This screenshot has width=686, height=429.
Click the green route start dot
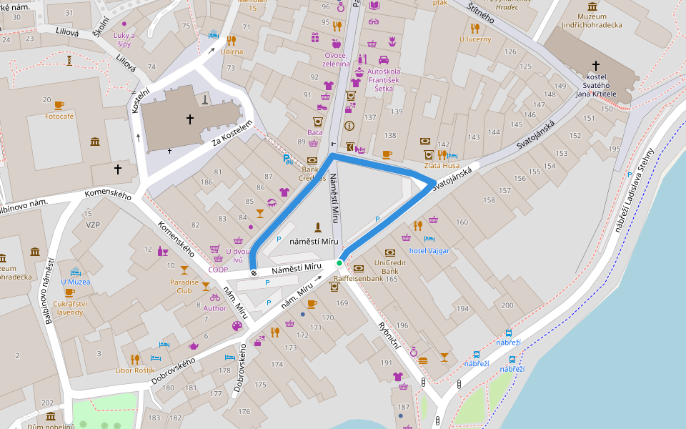(x=339, y=262)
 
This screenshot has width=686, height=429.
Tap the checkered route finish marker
(x=254, y=272)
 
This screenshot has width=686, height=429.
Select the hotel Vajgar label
(x=429, y=250)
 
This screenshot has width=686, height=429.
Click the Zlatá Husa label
(x=442, y=165)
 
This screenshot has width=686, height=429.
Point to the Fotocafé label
(x=59, y=116)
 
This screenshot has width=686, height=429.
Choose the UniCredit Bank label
(x=390, y=267)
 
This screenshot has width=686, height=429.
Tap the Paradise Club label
(x=184, y=286)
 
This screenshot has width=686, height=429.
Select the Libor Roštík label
(x=134, y=370)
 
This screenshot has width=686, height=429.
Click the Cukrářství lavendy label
(x=69, y=307)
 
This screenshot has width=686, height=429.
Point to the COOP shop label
(x=218, y=270)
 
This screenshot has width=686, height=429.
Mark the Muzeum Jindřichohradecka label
(x=592, y=21)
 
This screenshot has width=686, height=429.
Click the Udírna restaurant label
(x=232, y=51)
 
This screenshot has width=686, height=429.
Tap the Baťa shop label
(x=314, y=132)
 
